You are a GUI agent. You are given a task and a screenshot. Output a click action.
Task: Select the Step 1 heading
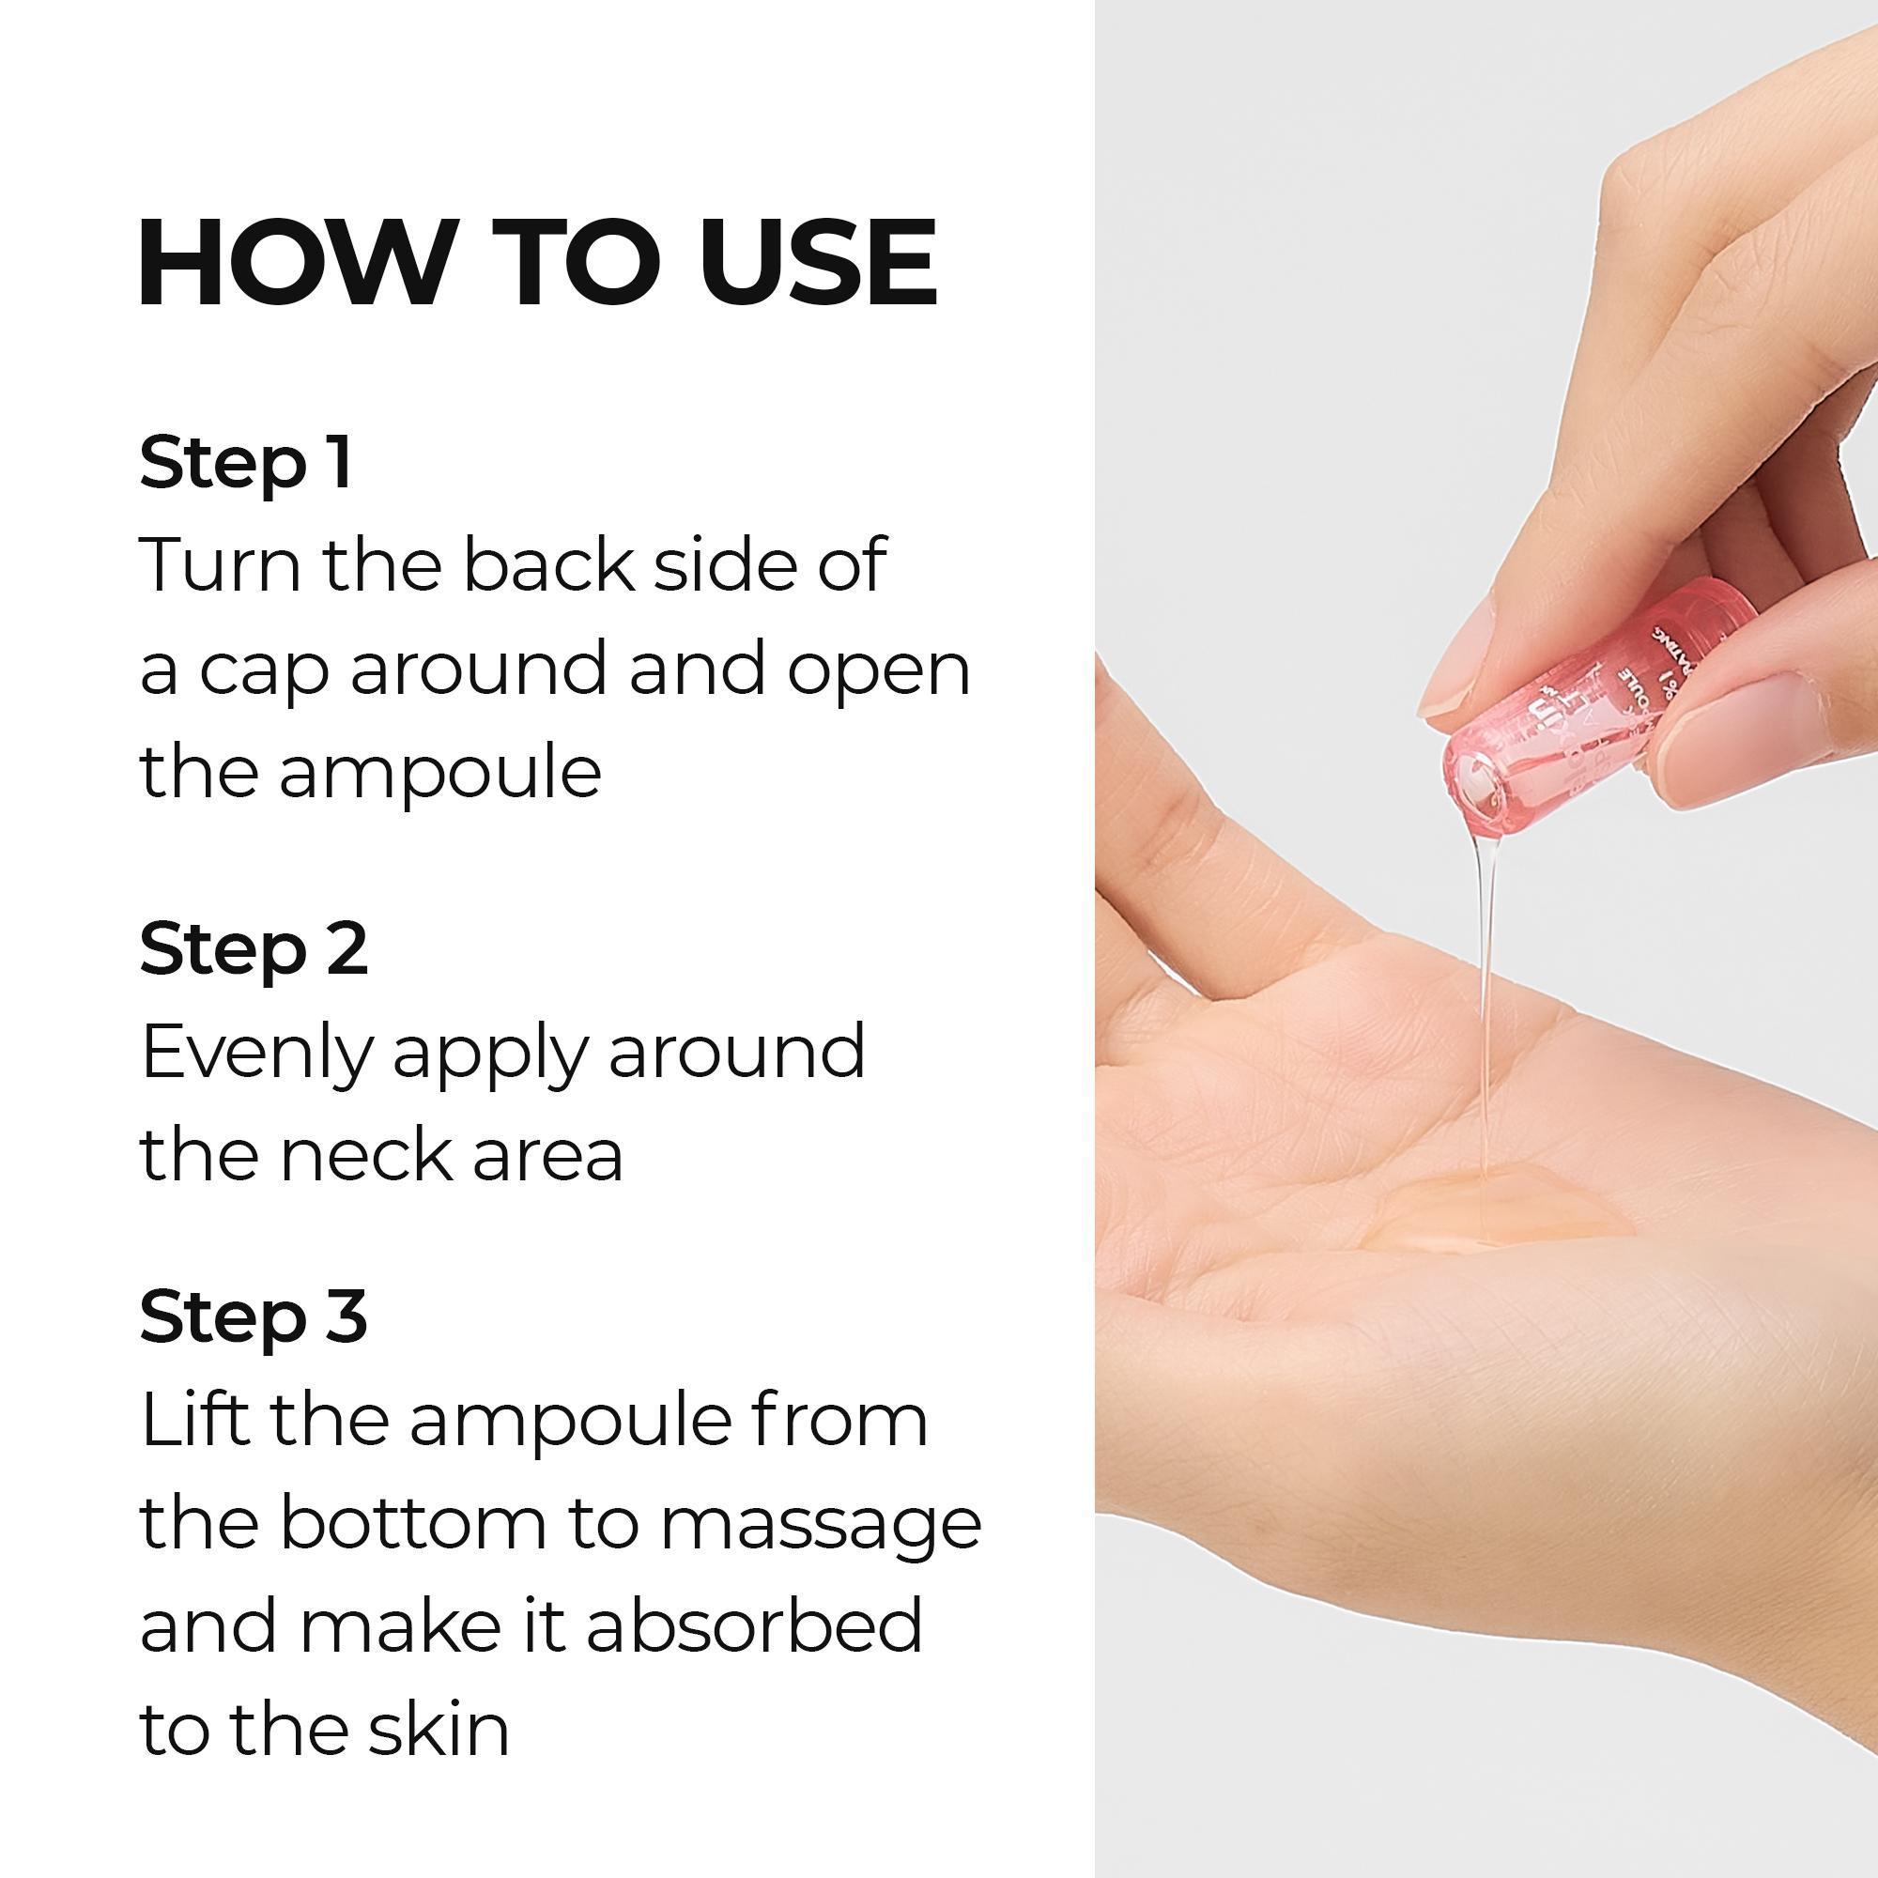[245, 463]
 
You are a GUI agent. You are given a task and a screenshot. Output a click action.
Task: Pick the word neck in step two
[364, 1157]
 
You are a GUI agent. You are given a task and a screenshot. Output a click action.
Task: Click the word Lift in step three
[194, 1420]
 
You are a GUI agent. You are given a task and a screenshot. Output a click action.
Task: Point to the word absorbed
[753, 1626]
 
